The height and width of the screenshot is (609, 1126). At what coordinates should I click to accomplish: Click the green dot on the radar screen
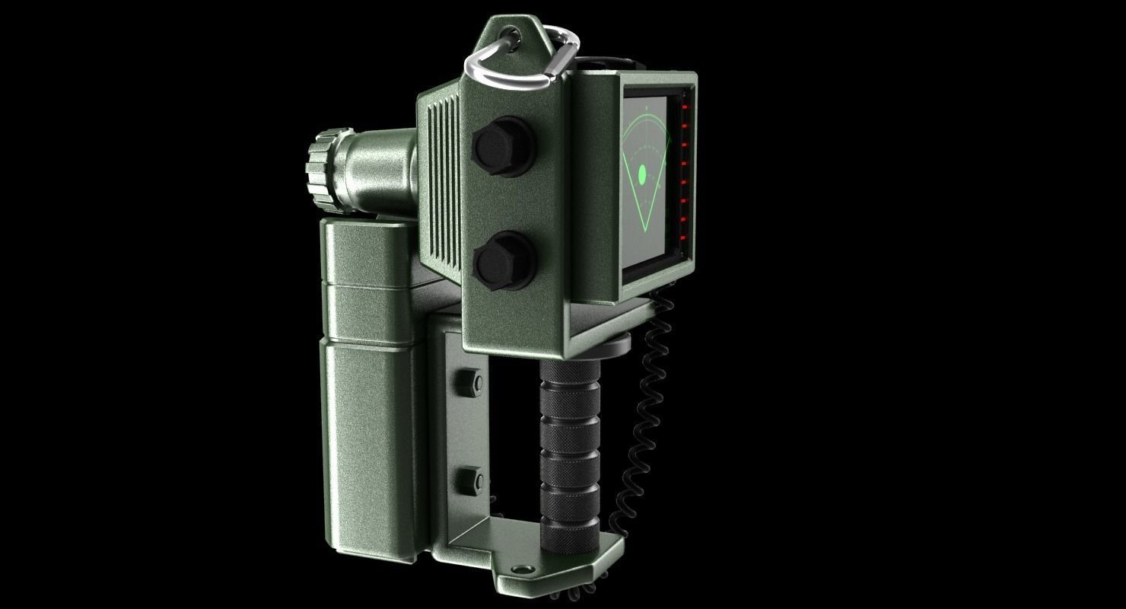pos(642,174)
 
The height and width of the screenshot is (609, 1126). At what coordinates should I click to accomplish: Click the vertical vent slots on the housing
pos(439,183)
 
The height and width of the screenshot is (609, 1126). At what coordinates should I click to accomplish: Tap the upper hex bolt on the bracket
pos(469,383)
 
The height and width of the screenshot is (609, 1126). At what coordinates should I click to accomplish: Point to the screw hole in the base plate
pos(520,569)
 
